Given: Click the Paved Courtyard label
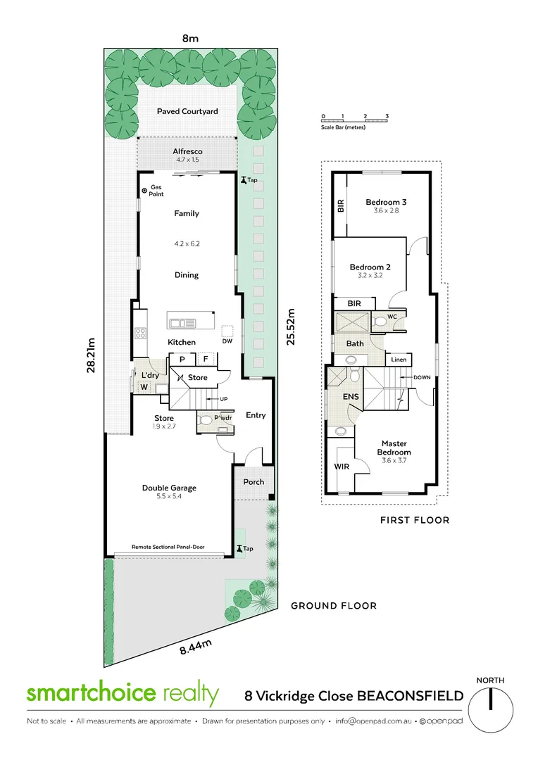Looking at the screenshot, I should (x=187, y=111).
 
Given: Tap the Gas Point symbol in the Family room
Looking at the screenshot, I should (x=144, y=190).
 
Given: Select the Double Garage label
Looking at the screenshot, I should (x=169, y=488).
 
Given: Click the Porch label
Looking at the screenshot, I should (x=254, y=482).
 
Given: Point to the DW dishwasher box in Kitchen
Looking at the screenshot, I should (x=227, y=331).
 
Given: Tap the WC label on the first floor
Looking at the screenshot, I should (x=393, y=317).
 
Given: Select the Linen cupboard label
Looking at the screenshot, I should (x=398, y=360).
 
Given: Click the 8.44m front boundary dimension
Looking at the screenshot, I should (x=195, y=645).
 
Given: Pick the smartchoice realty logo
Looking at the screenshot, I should (x=123, y=693).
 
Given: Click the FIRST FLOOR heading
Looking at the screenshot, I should (x=415, y=520).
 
